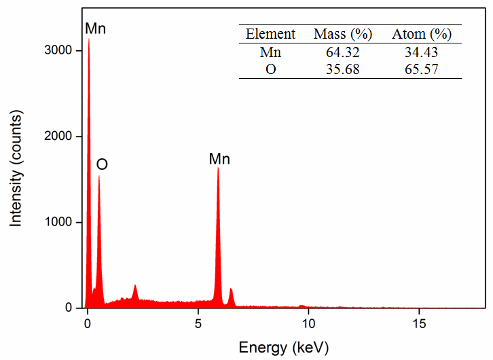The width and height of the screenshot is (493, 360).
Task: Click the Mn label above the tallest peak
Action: coord(96,29)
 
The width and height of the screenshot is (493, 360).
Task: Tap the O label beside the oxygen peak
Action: coord(102,164)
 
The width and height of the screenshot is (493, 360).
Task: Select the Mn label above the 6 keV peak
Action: coord(219,159)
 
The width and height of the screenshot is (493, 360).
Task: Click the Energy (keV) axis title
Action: coord(284,348)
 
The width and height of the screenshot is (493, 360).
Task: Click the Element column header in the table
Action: coord(270,34)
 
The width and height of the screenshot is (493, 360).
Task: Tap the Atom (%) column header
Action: coord(422,34)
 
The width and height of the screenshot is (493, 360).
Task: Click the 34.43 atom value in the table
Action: coord(422,52)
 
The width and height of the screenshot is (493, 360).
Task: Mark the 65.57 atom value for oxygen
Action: coord(422,69)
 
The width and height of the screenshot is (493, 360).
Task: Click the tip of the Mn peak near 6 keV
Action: coord(218,169)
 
